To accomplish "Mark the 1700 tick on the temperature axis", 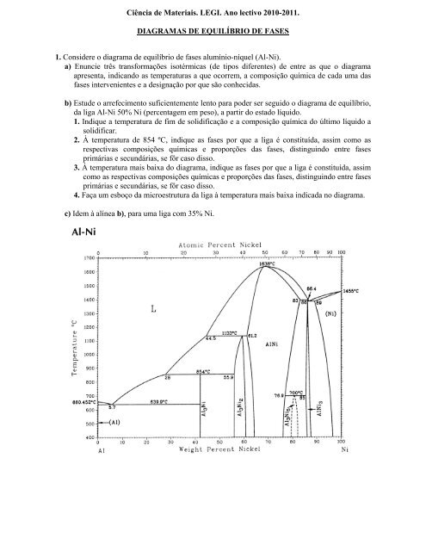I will pos(90,257).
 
